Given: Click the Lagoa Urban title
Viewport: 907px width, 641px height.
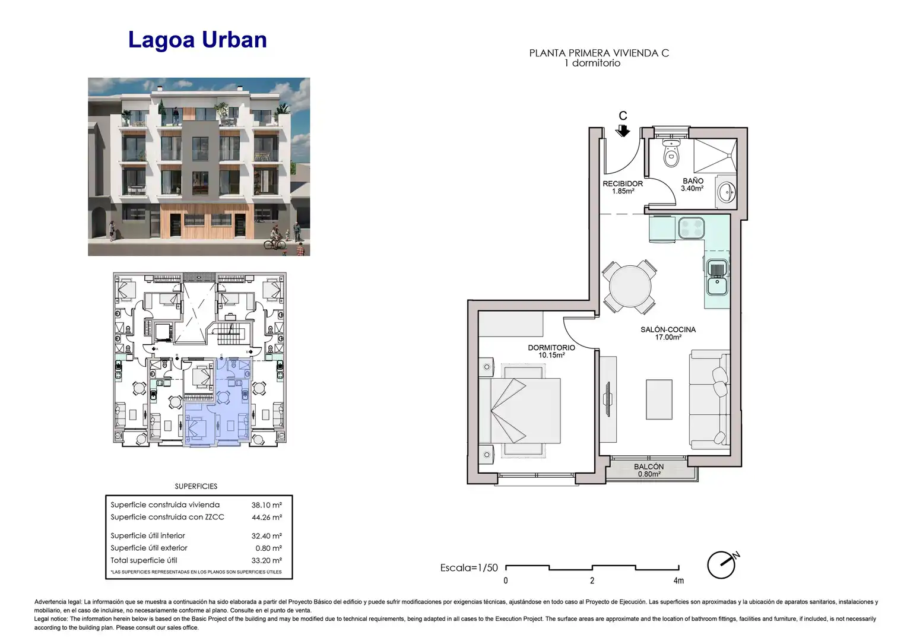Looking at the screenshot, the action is click(198, 40).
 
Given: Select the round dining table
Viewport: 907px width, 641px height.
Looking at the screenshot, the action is click(630, 286).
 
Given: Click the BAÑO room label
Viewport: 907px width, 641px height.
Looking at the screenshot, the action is click(693, 181).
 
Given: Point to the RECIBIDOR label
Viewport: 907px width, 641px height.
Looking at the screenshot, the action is click(623, 184).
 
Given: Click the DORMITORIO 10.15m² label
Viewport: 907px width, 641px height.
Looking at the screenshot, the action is click(551, 351).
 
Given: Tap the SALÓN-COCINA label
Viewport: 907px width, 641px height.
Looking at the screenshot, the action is click(668, 329).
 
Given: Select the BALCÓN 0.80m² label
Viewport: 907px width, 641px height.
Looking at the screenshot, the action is click(649, 470).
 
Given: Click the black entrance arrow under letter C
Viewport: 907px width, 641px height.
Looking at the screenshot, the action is click(623, 131).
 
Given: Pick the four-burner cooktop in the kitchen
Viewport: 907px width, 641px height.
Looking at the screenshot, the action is click(691, 227).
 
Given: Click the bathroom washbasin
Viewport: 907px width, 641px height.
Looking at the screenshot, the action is click(727, 192).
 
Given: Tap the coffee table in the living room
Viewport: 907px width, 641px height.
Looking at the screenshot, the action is click(659, 399).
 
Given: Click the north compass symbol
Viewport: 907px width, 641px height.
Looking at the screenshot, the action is click(723, 564).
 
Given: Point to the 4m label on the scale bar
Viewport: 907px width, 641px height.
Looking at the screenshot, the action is click(678, 580).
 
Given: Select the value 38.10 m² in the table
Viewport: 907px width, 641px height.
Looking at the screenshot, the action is click(267, 505).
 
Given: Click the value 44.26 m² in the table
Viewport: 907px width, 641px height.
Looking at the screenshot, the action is click(267, 517).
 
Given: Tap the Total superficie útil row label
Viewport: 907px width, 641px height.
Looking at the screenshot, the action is click(144, 560).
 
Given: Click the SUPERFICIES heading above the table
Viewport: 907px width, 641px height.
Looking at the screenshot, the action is click(196, 486).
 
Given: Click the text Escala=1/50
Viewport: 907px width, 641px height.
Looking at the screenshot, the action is click(469, 568).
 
